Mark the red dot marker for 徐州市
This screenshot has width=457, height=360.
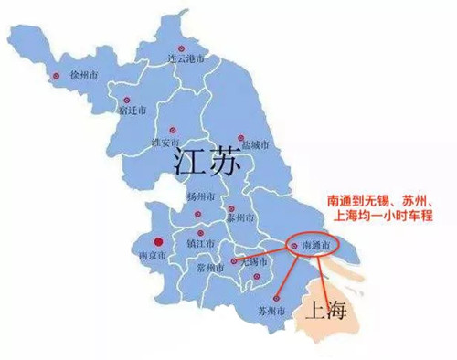tap(56, 76)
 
